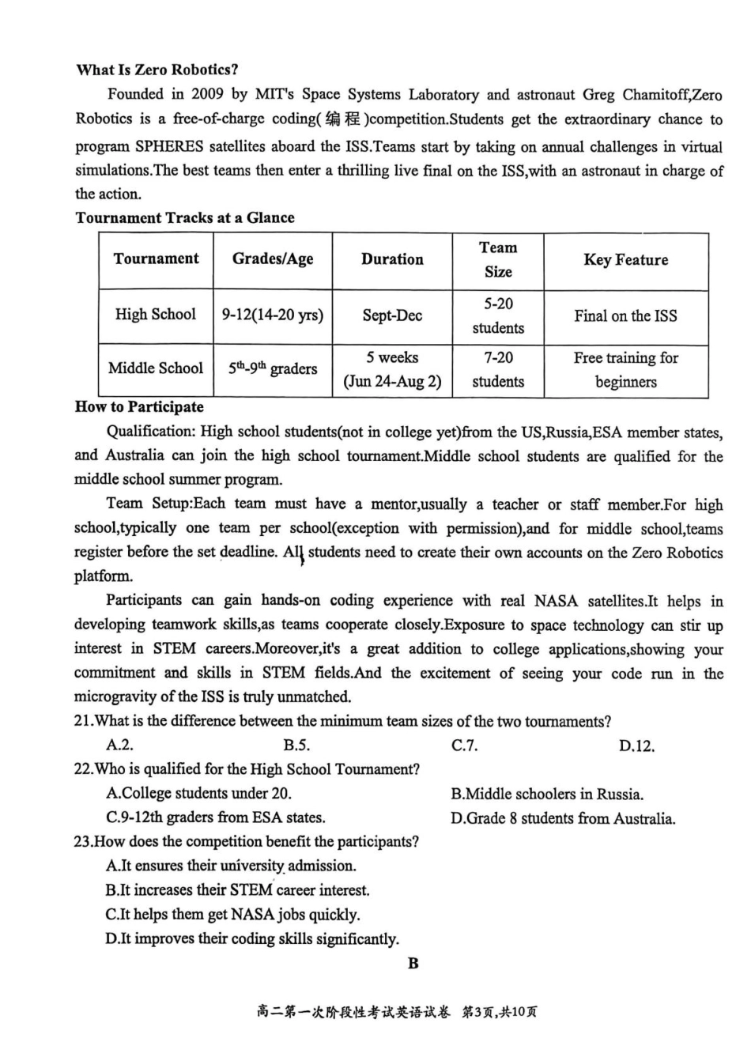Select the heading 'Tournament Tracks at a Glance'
(x=185, y=217)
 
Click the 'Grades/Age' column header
(x=273, y=259)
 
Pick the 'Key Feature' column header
(x=625, y=259)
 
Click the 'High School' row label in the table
(x=156, y=315)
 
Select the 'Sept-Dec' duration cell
(x=392, y=315)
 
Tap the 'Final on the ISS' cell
(x=625, y=315)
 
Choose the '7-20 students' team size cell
(x=498, y=369)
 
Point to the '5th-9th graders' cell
(x=273, y=368)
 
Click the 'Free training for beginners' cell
(x=625, y=369)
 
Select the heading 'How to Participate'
(x=139, y=407)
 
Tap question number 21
(x=83, y=721)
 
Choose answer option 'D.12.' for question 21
(x=636, y=746)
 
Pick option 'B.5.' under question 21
(x=296, y=746)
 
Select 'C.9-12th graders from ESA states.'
(x=215, y=817)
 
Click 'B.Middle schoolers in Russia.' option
(x=547, y=794)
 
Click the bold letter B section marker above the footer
(x=413, y=963)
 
